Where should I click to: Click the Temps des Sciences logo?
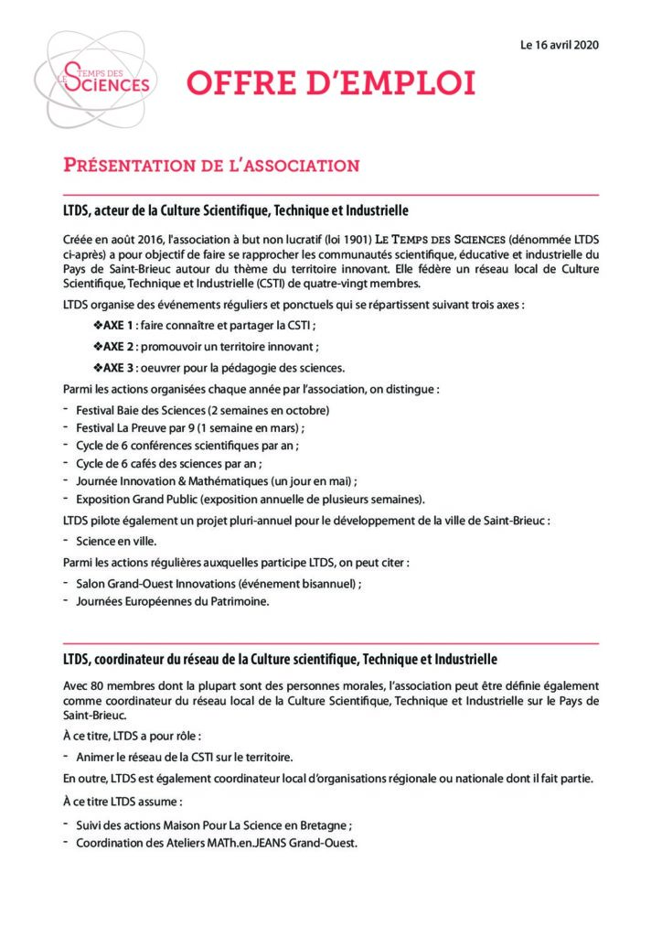coord(101,79)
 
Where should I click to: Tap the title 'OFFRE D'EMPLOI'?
coord(331,83)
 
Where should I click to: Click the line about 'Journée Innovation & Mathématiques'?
coord(216,480)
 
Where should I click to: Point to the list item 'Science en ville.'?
coord(110,541)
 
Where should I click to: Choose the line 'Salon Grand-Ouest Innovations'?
coord(219,583)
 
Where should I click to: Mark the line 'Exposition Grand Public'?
coord(251,499)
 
